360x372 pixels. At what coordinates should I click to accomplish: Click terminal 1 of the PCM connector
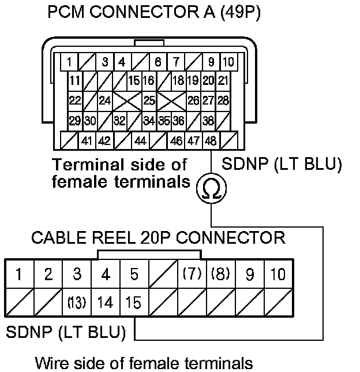tap(69, 62)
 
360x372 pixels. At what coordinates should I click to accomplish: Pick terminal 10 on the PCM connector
tap(229, 62)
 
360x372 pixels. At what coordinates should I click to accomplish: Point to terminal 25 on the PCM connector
tap(149, 100)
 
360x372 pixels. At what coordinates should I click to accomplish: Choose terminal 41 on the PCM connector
tap(88, 140)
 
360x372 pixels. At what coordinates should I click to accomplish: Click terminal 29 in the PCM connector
tap(75, 121)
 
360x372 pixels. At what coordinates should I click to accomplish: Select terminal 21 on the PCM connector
tap(223, 81)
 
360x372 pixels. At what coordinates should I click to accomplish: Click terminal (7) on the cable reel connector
tap(192, 274)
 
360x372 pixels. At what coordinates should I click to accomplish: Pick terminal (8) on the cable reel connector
tap(220, 274)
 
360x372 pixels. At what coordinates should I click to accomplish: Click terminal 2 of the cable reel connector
tap(48, 274)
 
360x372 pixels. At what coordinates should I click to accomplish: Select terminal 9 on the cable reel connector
tap(250, 274)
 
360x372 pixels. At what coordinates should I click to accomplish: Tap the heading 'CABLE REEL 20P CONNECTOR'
tap(157, 237)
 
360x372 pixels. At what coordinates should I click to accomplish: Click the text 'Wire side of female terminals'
tap(144, 363)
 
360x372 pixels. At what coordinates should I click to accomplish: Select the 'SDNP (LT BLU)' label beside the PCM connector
tap(282, 165)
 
